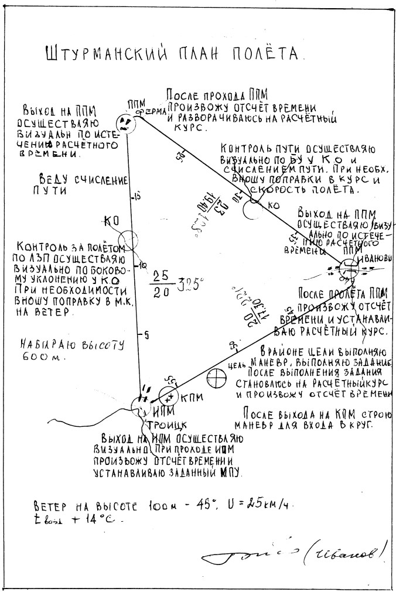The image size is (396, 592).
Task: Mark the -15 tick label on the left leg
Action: point(135,197)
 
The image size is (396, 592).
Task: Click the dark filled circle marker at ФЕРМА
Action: point(124,122)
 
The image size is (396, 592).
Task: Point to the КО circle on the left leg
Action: point(128,239)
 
